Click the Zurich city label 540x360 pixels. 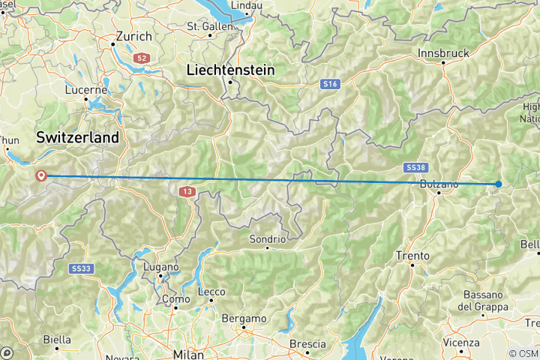134,36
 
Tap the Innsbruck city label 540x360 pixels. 444,53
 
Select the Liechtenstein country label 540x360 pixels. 229,70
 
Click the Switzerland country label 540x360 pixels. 77,137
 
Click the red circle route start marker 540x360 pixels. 40,175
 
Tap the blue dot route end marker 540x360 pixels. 499,184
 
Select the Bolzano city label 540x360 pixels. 439,184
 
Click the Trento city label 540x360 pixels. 412,256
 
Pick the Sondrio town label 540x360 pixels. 268,239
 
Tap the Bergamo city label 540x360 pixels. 244,318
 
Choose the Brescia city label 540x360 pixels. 307,343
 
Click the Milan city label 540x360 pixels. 187,353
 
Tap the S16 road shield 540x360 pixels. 330,85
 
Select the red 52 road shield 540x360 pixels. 142,57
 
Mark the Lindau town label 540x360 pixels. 229,5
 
